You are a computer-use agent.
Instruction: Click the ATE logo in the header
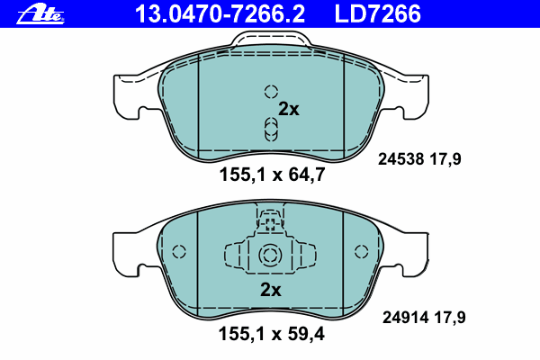coord(40,14)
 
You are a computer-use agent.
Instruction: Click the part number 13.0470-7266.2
coord(220,14)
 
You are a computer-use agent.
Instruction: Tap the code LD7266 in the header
coord(378,14)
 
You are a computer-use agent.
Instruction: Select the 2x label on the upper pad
coord(289,109)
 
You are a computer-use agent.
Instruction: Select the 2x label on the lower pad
coord(270,290)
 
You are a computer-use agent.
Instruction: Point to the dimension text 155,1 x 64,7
coord(272,175)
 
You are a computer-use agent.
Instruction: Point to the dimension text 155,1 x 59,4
coord(272,334)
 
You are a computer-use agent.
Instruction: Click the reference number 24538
coord(400,159)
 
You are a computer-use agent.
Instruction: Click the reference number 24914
coord(405,318)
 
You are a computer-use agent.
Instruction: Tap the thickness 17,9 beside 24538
coord(445,160)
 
